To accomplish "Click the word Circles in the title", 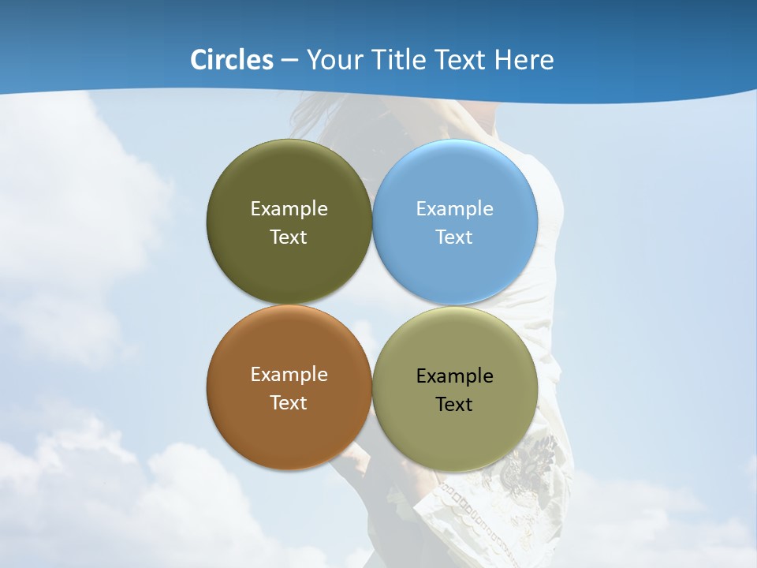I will [232, 60].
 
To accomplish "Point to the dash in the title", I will [289, 61].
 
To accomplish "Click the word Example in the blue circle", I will [454, 209].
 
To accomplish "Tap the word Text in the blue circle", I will [454, 237].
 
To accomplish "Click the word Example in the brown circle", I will [289, 375].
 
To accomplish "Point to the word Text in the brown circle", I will [289, 403].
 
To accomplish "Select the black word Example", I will [454, 376].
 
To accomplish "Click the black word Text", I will [454, 405].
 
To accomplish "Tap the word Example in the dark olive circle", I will [289, 209].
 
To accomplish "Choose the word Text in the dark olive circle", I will [289, 237].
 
